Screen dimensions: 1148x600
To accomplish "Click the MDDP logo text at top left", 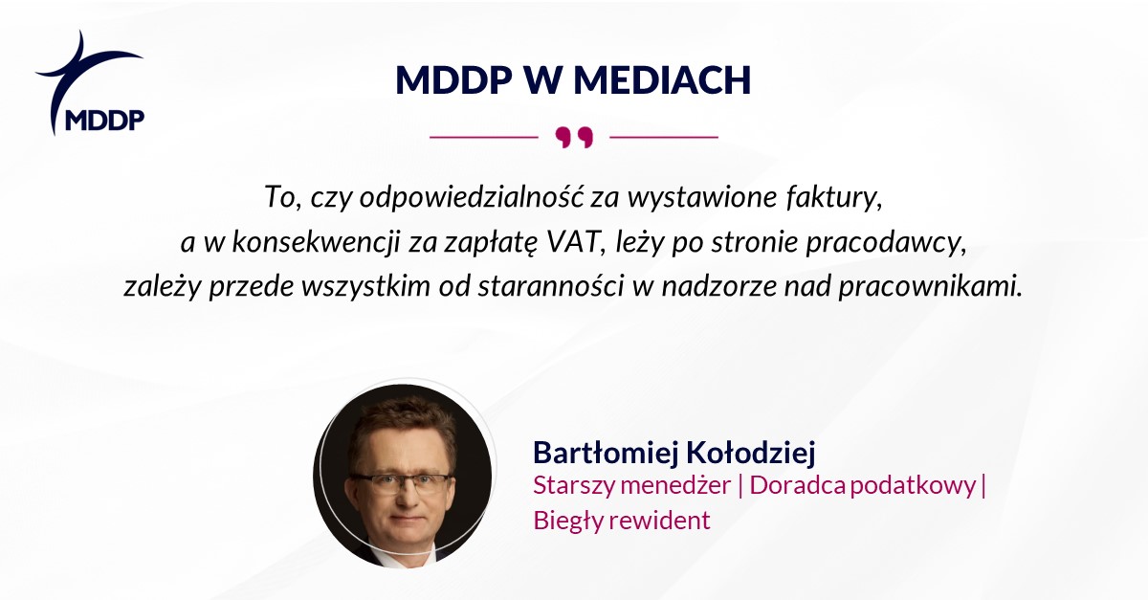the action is (x=105, y=120).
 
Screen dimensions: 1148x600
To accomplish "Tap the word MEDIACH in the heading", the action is (x=662, y=80).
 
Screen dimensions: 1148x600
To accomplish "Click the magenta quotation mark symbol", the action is (x=574, y=138).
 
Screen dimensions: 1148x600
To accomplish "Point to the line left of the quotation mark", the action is (x=484, y=137).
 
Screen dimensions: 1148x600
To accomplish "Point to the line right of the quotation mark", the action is (x=664, y=137).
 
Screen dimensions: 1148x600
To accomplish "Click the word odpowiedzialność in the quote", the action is (x=472, y=197).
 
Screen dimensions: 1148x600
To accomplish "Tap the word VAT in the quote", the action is (x=577, y=242).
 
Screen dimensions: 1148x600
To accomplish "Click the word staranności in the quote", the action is (x=551, y=286).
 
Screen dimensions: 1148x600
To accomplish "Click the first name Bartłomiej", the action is (x=606, y=453).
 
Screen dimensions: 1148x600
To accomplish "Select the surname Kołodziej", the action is (x=750, y=453).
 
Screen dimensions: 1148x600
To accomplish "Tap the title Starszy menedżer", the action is (x=632, y=485).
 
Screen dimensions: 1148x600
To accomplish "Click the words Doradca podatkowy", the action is (x=863, y=486).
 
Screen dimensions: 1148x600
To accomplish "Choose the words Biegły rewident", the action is (x=622, y=521).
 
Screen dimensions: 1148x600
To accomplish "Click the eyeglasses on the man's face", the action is (x=401, y=483).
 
